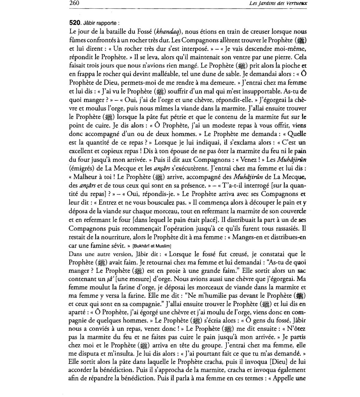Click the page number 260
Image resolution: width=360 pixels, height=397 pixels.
tap(74, 3)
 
